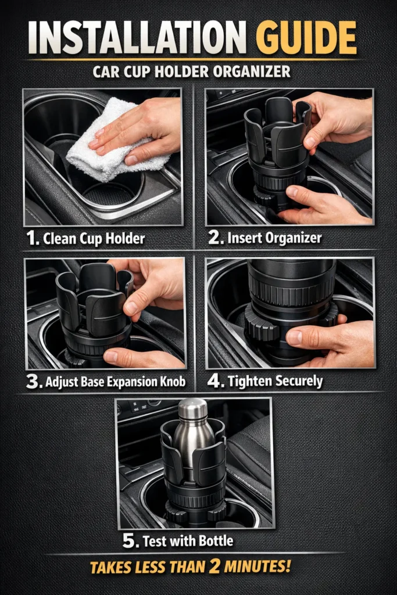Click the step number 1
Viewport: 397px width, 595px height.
[x=32, y=238]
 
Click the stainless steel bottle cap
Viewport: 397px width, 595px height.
[x=192, y=409]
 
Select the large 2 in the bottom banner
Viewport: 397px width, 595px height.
[x=214, y=567]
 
